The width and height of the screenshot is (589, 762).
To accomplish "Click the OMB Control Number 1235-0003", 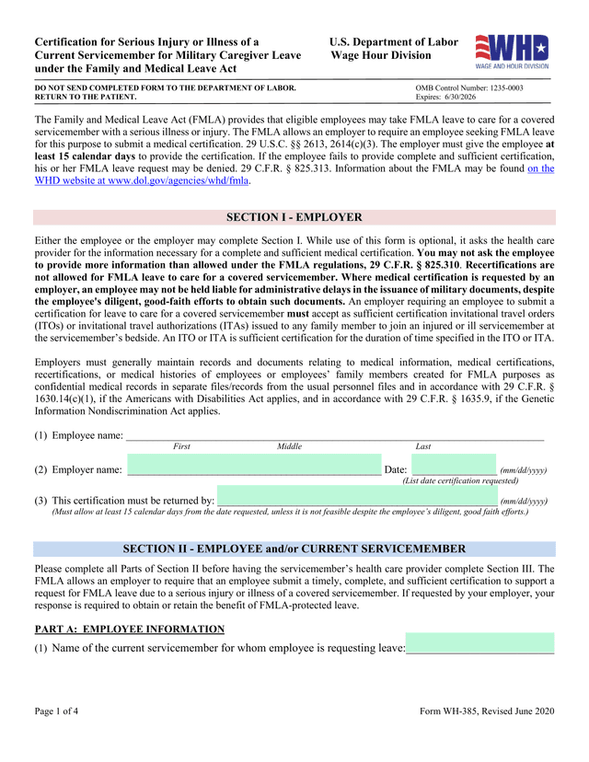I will [469, 87].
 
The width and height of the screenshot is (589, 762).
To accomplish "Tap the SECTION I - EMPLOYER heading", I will [294, 218].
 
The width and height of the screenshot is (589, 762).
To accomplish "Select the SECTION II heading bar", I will [294, 549].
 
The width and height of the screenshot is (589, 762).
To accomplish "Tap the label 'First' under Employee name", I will [182, 446].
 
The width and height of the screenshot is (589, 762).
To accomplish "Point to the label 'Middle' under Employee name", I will [289, 446].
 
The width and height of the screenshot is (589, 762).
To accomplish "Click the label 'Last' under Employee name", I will [423, 446].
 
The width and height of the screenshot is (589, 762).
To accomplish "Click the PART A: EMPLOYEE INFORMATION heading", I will [129, 629].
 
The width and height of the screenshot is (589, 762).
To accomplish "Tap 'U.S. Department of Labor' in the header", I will [393, 42].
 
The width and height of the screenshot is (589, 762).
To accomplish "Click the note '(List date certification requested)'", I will [460, 481].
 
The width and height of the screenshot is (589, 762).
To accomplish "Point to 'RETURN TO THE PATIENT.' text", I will [86, 97].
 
